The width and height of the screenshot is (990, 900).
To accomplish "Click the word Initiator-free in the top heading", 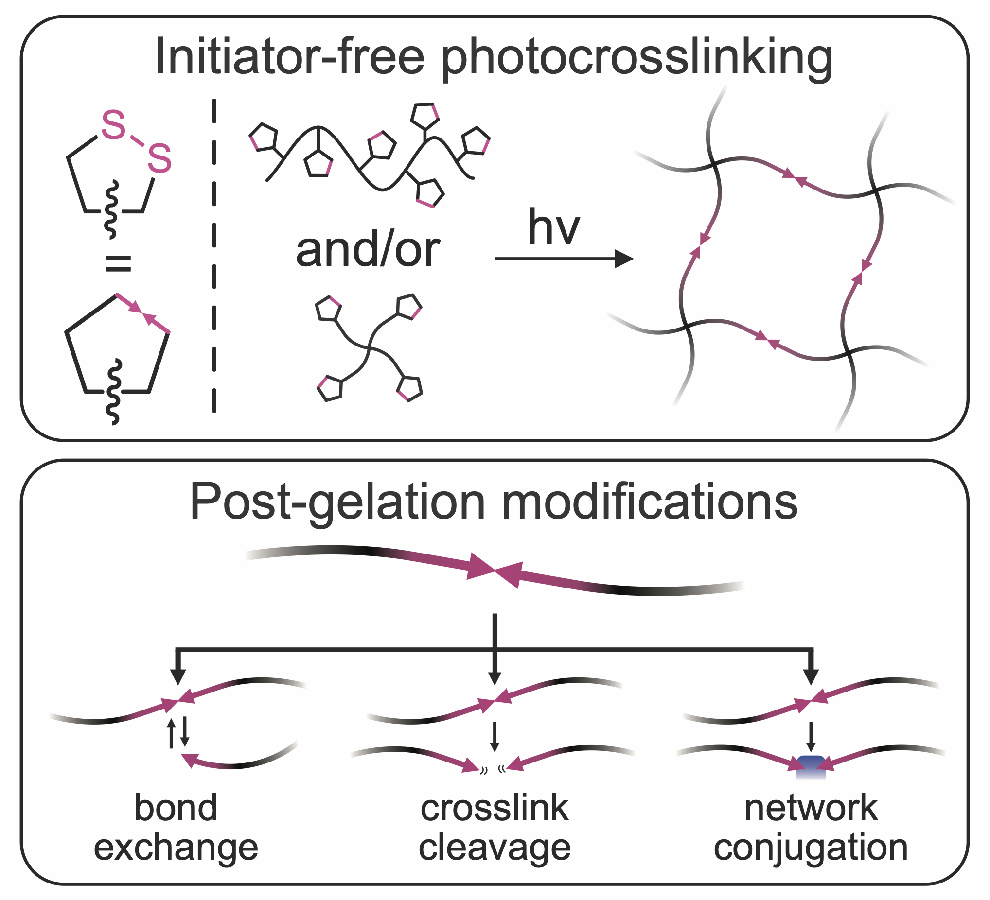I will (289, 57).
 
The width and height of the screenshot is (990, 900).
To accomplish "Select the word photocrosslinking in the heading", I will (637, 59).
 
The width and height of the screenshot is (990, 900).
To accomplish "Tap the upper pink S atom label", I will (113, 124).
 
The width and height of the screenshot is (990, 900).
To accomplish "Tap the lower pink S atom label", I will (159, 158).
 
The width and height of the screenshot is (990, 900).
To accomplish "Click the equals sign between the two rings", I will (118, 264).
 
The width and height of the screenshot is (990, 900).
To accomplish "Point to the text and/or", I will (368, 250).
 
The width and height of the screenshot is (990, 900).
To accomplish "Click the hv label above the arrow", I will (553, 228).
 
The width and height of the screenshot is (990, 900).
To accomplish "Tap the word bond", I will (176, 808).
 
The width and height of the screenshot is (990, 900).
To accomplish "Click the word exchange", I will (176, 848).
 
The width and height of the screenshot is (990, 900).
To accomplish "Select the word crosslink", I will (495, 808).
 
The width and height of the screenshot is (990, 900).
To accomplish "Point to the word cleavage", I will (495, 848).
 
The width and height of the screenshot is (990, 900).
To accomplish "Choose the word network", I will (811, 808).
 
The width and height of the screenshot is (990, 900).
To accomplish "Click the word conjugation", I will (811, 848).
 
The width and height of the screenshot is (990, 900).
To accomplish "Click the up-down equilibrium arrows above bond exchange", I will (178, 733).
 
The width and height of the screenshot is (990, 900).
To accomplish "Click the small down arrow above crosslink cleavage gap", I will (495, 736).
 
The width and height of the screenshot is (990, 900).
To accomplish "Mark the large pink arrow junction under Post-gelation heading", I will (495, 571).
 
